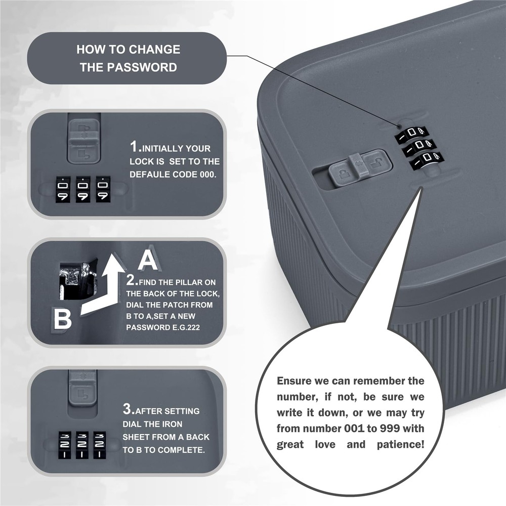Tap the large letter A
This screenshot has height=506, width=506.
point(148,260)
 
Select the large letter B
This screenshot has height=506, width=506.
point(62,319)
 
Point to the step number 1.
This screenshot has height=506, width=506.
point(134,147)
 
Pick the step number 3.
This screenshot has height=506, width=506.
point(128,407)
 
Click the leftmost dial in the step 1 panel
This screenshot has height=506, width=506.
point(63,190)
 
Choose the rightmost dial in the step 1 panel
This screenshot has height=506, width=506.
point(103,190)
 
